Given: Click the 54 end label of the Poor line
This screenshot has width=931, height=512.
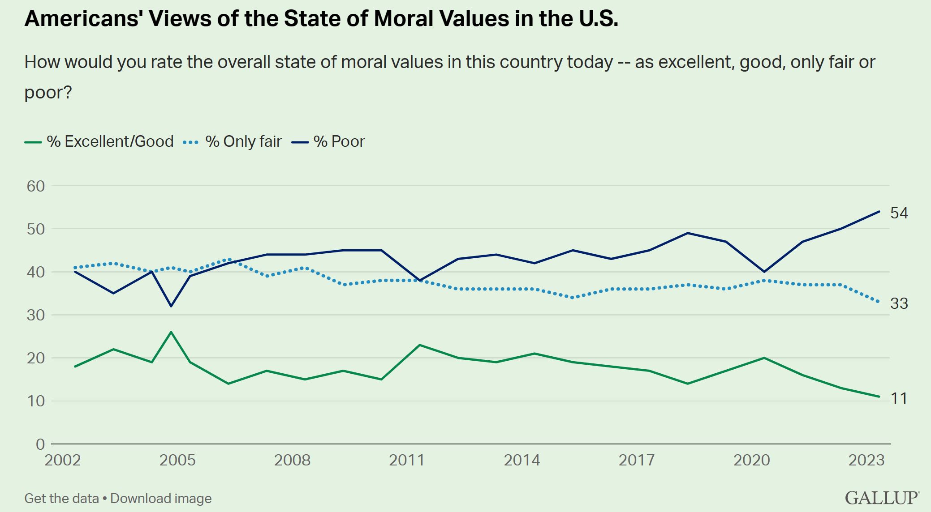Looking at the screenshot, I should [x=899, y=213].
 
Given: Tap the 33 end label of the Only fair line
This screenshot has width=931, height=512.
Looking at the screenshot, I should [x=899, y=303].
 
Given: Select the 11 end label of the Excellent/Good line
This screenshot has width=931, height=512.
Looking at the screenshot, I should [x=899, y=398].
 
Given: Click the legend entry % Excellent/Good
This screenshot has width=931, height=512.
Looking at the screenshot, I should [x=99, y=141].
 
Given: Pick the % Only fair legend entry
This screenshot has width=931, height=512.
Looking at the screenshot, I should [x=233, y=141].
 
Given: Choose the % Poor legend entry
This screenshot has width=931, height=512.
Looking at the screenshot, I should [x=329, y=141].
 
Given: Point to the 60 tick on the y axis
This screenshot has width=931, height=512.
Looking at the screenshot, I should [x=36, y=186].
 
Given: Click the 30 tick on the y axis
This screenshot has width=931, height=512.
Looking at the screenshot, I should [x=36, y=315].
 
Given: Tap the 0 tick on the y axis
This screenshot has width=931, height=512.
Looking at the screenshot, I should [x=40, y=444].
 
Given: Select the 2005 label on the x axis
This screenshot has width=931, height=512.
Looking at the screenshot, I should [x=177, y=460].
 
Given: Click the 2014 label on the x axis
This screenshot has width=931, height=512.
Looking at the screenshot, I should [x=522, y=460].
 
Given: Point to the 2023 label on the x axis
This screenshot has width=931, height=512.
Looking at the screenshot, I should [x=866, y=460].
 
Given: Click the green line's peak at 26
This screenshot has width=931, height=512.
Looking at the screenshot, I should [x=171, y=332].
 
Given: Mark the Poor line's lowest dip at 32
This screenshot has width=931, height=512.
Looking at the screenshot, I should [x=171, y=306].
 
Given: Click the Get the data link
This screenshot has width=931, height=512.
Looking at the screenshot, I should [x=61, y=499].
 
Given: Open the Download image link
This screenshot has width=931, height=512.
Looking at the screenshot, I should [x=161, y=499].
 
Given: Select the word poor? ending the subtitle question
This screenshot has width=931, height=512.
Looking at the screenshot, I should [x=48, y=92].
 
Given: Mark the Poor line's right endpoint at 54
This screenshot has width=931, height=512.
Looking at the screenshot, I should [x=879, y=212].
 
